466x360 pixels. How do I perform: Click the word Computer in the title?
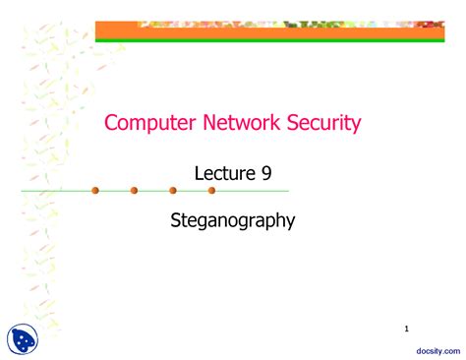pyautogui.click(x=146, y=123)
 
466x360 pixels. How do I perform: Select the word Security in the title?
pyautogui.click(x=320, y=123)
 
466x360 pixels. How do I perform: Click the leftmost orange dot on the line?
pyautogui.click(x=95, y=190)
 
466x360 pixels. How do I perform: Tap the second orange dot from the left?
pyautogui.click(x=134, y=190)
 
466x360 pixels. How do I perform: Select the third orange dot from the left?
pyautogui.click(x=173, y=190)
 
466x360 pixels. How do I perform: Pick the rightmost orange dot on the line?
pyautogui.click(x=211, y=190)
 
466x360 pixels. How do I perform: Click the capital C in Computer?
pyautogui.click(x=111, y=123)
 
